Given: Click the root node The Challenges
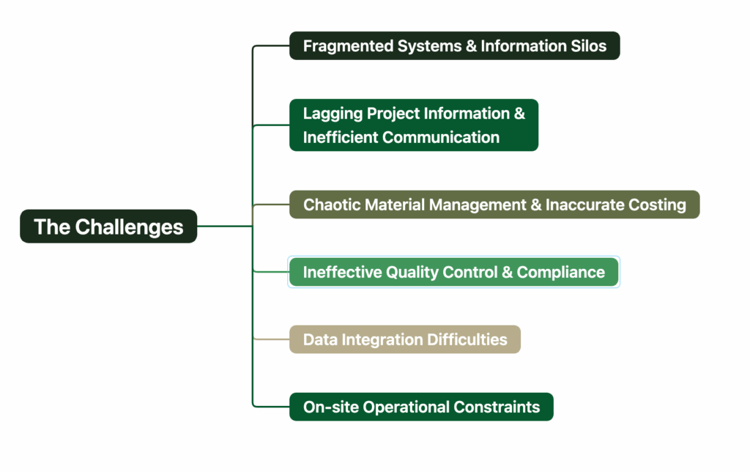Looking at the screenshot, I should coord(108,226).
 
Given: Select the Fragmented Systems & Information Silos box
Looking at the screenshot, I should coord(454,46).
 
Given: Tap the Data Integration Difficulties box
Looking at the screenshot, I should coord(404,339).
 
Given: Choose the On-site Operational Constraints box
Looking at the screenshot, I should coord(421,407).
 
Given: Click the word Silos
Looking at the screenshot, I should coord(585,46).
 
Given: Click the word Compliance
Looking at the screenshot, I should coord(561,273).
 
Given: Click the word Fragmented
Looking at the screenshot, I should coord(349,46).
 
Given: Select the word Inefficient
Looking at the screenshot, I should coord(340,137).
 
